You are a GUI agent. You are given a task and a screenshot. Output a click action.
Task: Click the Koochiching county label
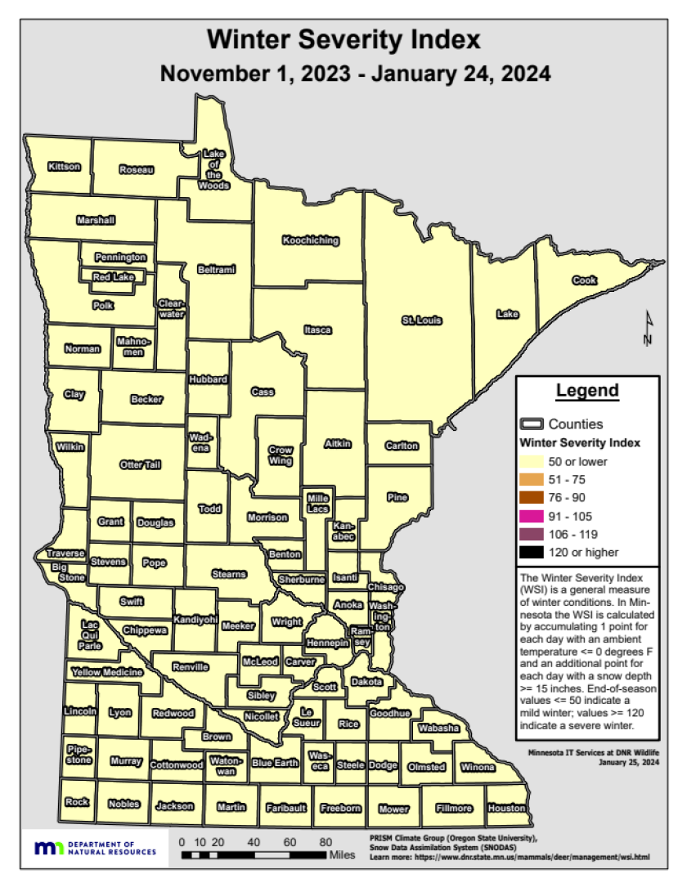[x=311, y=240]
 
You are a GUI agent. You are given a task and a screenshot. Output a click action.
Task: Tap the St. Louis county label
[x=421, y=320]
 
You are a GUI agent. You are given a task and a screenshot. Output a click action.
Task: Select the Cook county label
[x=584, y=280]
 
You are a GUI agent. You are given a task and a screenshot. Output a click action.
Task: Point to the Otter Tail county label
[x=140, y=464]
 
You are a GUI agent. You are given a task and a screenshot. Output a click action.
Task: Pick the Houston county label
[x=506, y=808]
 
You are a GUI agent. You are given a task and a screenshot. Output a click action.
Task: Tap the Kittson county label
[x=65, y=167]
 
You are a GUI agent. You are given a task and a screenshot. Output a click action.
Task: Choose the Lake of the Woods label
[x=214, y=169]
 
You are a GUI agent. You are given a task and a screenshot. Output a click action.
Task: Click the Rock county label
[x=77, y=802]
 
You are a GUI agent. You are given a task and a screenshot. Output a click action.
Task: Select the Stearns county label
[x=229, y=574]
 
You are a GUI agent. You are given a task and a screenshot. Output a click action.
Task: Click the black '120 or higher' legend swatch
[x=532, y=552]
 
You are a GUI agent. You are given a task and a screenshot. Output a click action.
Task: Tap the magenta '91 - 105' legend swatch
[x=532, y=516]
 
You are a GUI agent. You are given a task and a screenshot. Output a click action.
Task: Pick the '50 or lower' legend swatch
[x=532, y=462]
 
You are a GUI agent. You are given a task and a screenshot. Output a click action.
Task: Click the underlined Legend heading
[x=587, y=391]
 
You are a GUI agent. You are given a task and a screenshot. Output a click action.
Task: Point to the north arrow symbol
[x=647, y=329]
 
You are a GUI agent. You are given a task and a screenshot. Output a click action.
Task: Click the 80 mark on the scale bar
[x=326, y=841]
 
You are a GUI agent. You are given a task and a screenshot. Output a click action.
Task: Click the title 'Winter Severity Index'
[x=343, y=39]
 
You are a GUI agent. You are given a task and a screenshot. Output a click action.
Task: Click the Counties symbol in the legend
[x=532, y=424]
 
